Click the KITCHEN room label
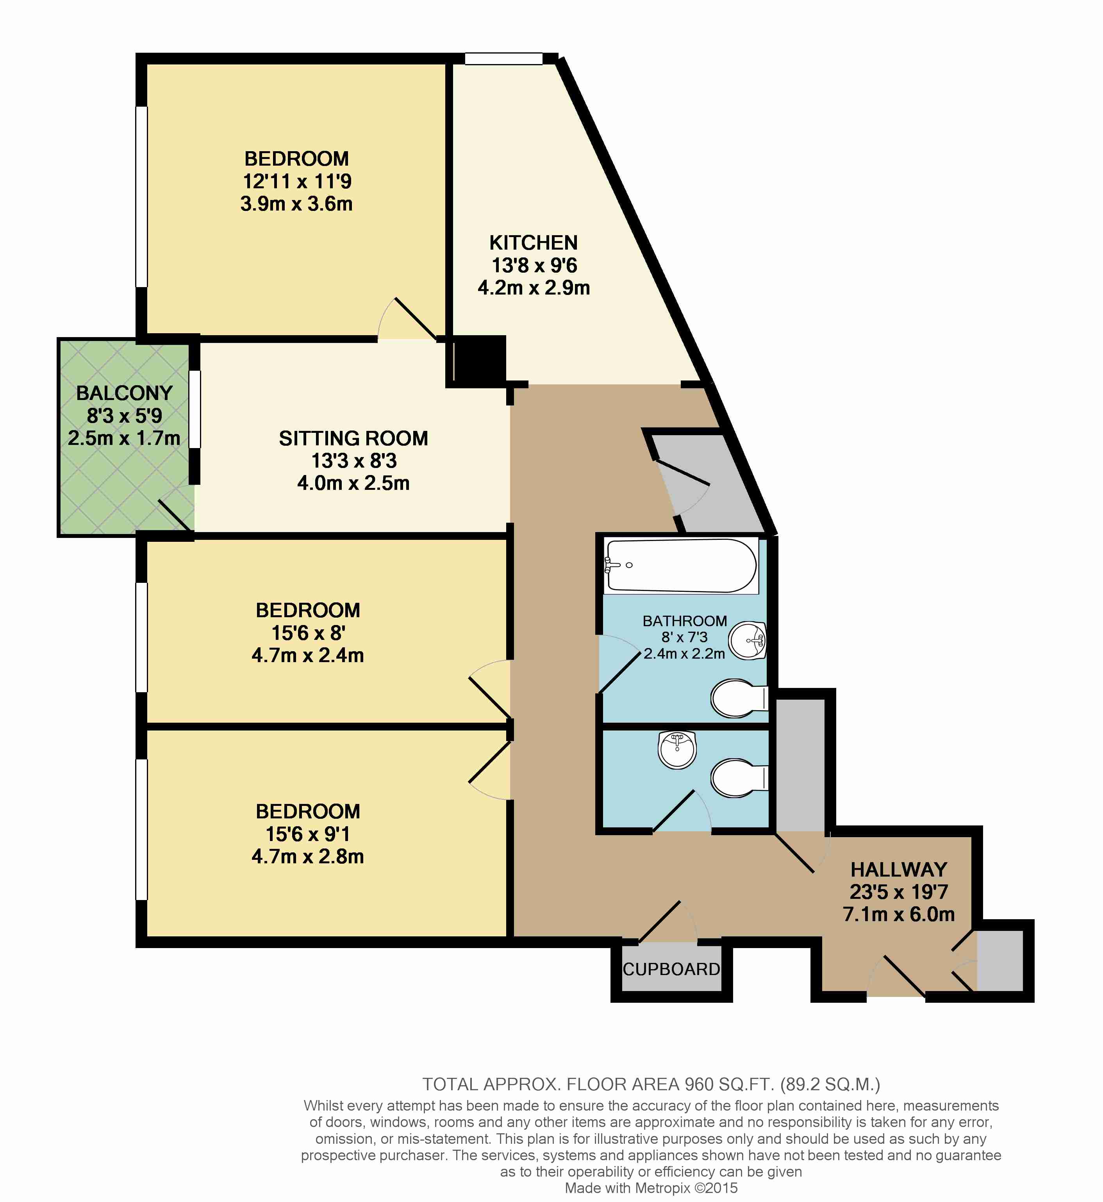click(x=534, y=243)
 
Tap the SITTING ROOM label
click(x=353, y=439)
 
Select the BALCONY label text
click(x=124, y=393)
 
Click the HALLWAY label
click(x=899, y=870)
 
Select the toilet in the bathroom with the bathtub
click(x=739, y=698)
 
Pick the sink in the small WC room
click(x=677, y=750)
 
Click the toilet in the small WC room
click(x=739, y=778)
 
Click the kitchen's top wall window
click(x=504, y=59)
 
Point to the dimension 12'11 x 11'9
click(x=296, y=181)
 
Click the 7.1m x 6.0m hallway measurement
click(x=899, y=914)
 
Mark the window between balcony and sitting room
click(x=195, y=409)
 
